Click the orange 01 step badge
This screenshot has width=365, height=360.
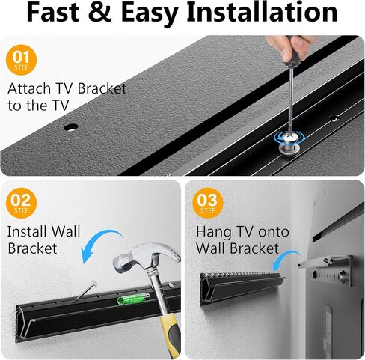pos(21,60)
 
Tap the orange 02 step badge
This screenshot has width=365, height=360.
pos(21,203)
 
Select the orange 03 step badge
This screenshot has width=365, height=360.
pos(208,203)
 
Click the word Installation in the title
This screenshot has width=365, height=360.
pos(262,13)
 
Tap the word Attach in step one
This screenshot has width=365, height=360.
pos(29,88)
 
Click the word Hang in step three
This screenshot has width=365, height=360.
pos(213,232)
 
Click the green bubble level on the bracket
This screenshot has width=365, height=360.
pos(133,298)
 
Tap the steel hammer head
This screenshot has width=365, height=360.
pos(147,257)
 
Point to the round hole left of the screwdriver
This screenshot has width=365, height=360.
pos(71,127)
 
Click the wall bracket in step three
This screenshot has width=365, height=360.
pos(243,290)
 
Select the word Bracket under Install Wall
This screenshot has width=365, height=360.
pos(33,248)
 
